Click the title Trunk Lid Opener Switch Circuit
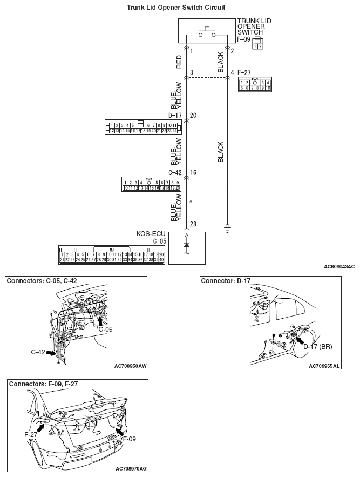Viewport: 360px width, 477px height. click(x=176, y=8)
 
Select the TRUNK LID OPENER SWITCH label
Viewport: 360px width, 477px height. click(x=254, y=26)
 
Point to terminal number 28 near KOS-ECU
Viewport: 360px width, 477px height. click(x=193, y=224)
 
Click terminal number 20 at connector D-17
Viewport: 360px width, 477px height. click(x=193, y=116)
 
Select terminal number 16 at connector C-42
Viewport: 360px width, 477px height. click(x=193, y=172)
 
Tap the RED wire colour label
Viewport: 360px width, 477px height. click(x=179, y=62)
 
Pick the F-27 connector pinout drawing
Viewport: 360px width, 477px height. click(x=255, y=84)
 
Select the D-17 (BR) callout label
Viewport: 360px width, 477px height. click(x=317, y=346)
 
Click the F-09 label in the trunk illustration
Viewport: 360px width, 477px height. click(x=129, y=439)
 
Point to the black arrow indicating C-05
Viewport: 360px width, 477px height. click(x=100, y=321)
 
